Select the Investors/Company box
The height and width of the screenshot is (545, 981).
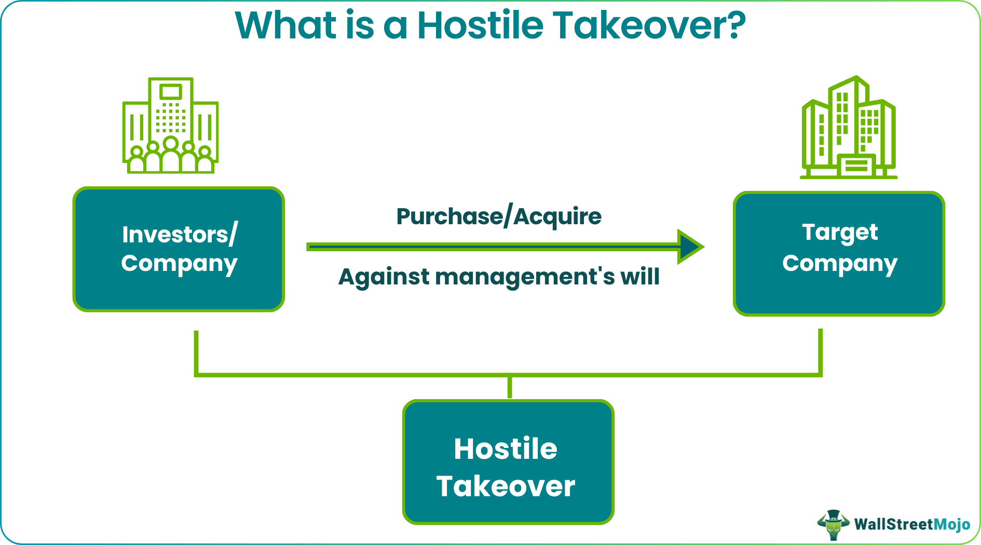(179, 249)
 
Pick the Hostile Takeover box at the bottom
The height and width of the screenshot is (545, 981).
(508, 462)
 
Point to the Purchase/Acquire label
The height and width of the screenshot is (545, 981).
(499, 216)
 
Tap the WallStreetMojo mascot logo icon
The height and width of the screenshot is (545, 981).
(833, 524)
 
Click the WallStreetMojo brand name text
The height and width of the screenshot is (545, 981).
(912, 524)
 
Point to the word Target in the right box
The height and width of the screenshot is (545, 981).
(840, 232)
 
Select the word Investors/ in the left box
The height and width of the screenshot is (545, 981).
(180, 235)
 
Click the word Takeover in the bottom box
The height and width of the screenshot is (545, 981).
(506, 486)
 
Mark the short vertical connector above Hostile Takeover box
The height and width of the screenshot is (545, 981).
(510, 387)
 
